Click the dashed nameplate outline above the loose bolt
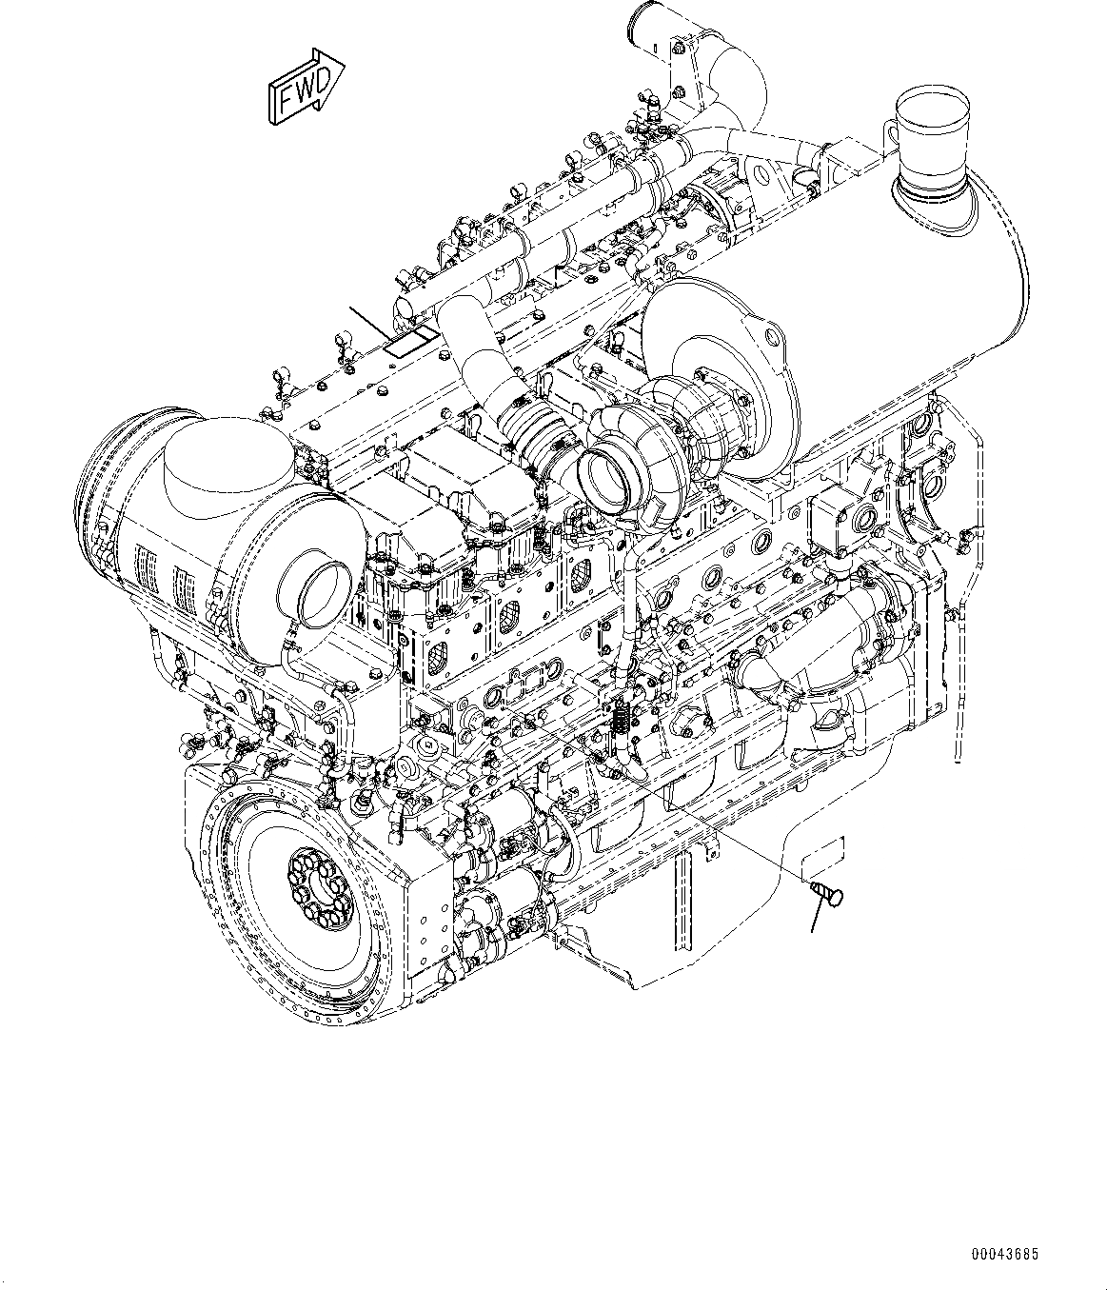pyautogui.click(x=822, y=858)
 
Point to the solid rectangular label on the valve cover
pyautogui.click(x=409, y=341)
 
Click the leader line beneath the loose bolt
pyautogui.click(x=816, y=917)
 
